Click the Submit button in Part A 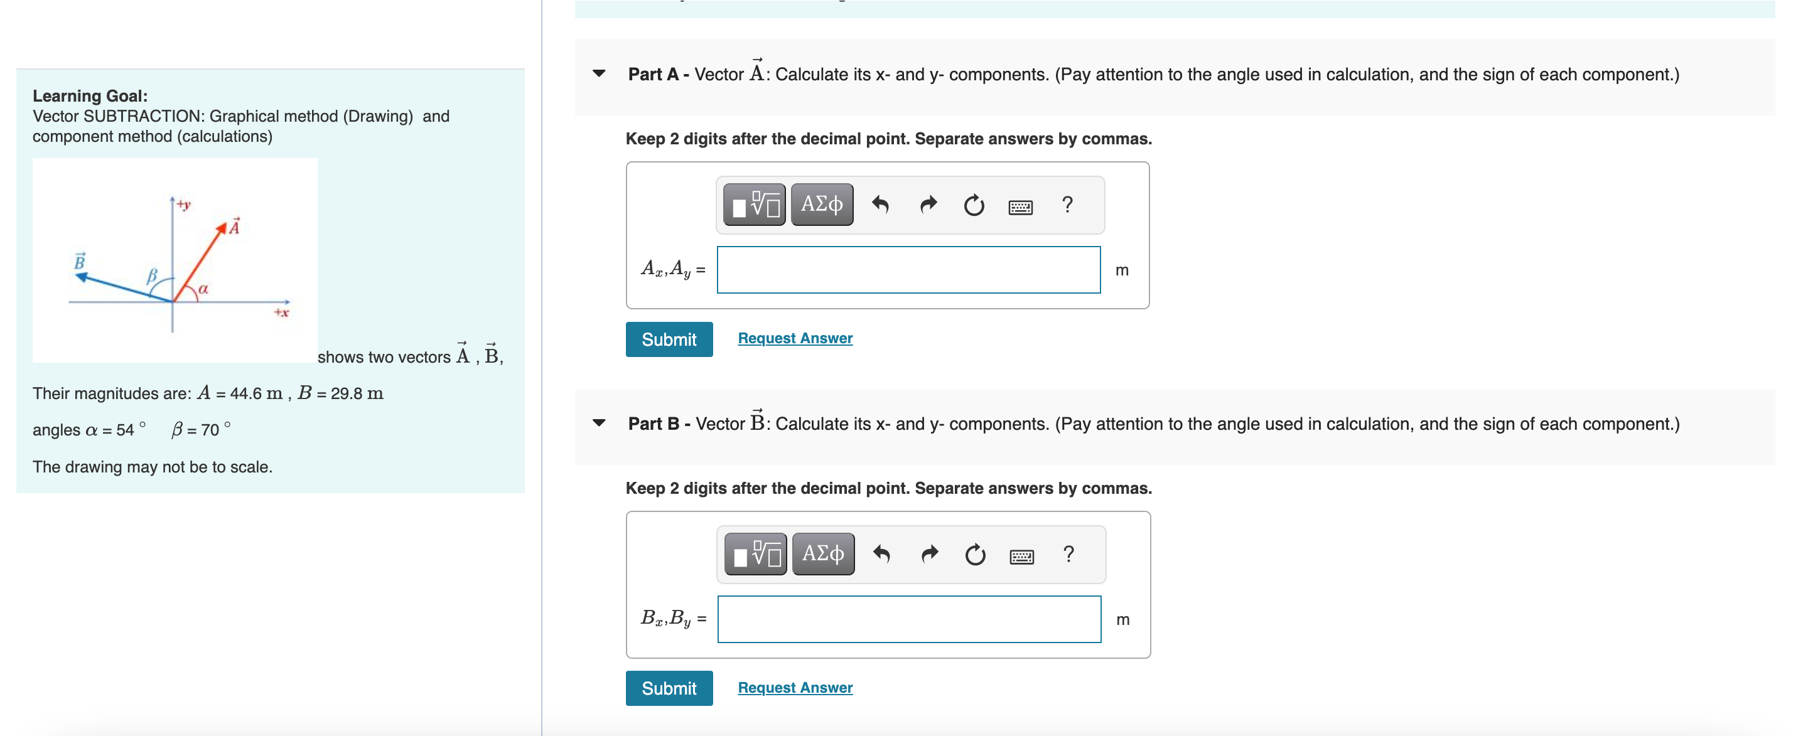668,339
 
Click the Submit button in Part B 668,688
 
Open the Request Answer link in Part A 795,338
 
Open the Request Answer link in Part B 795,688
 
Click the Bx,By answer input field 908,619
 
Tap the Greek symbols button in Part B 822,553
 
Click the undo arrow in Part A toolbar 880,205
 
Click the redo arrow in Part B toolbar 928,554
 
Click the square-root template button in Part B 755,554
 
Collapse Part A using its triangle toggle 599,73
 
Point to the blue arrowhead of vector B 82,277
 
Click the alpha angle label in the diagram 203,289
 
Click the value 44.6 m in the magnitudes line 256,393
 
